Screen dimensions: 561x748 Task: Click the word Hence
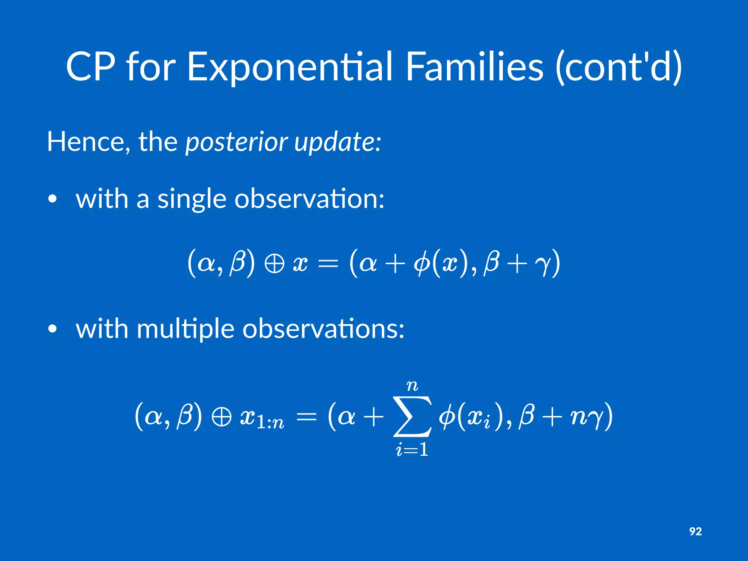pos(88,142)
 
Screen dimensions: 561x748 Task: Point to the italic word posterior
pos(236,142)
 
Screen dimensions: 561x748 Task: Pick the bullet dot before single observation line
pos(53,199)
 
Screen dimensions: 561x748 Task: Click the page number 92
pos(695,531)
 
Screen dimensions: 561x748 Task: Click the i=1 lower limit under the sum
pos(412,450)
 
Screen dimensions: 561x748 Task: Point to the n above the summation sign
pos(412,386)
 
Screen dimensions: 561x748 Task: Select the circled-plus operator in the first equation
pos(274,264)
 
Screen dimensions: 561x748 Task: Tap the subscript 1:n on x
pos(270,423)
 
